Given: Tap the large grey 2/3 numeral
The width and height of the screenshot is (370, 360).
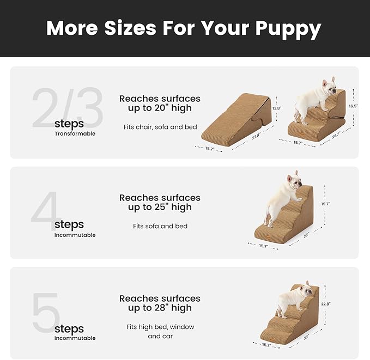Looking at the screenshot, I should coord(67,108).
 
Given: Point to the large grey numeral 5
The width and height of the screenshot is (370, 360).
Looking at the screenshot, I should coord(46,313).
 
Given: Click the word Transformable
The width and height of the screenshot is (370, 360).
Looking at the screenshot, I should coord(75,133).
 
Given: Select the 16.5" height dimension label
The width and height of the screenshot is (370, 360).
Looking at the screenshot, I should coord(354,106).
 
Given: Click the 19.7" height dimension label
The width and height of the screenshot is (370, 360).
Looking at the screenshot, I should coord(326,204).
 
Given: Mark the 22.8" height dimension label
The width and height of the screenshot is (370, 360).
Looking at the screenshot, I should coord(326,303).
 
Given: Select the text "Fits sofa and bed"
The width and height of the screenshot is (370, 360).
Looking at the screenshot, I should coord(160,226).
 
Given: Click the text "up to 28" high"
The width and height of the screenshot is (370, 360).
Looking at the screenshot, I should coord(160,308).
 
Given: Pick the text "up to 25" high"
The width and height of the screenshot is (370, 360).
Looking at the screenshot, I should coord(160,208).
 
